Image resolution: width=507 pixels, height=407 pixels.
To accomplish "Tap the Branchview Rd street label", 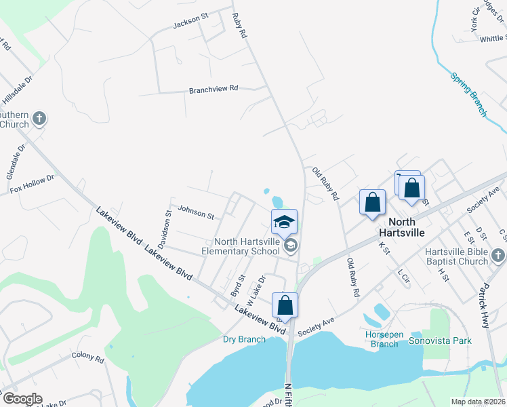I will [x=214, y=89].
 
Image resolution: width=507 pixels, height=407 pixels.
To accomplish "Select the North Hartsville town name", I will [x=407, y=227].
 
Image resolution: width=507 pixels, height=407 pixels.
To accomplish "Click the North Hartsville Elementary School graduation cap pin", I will [x=285, y=222].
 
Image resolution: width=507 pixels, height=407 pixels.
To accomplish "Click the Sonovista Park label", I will [x=439, y=341].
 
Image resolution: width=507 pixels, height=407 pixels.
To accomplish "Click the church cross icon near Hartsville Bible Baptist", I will [x=498, y=255].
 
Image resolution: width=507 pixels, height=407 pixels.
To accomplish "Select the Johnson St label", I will [x=196, y=212].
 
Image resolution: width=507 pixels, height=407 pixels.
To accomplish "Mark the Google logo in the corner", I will [x=22, y=399].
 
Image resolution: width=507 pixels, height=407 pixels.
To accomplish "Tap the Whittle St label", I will [x=493, y=39].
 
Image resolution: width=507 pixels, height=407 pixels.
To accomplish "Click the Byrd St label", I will [x=237, y=285].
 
